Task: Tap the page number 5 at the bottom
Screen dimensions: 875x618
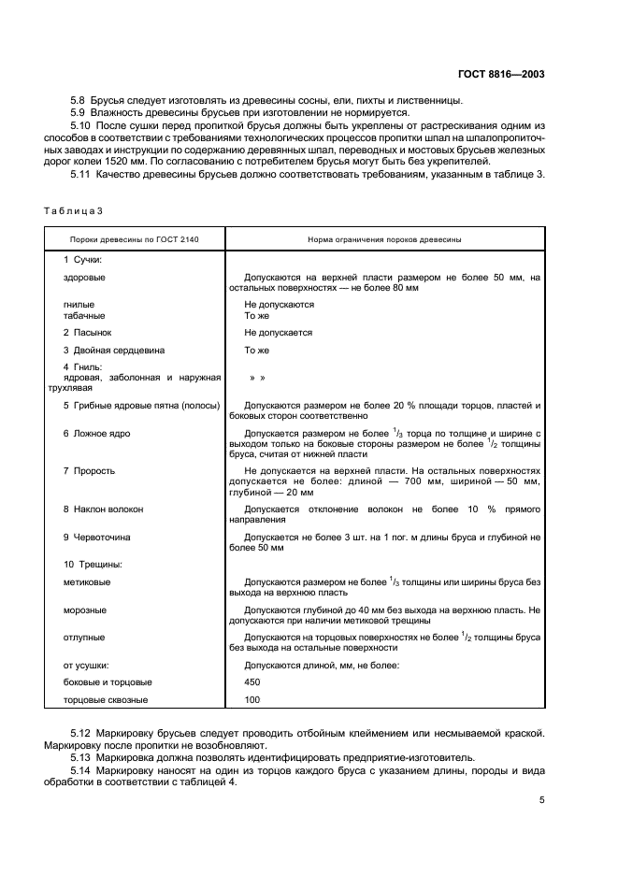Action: [542, 799]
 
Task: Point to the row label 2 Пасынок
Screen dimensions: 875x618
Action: [88, 332]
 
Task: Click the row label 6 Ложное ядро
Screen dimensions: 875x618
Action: [96, 434]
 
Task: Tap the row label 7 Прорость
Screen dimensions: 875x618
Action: [90, 469]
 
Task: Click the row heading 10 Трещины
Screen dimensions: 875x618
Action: [93, 565]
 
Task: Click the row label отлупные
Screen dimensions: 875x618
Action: [84, 638]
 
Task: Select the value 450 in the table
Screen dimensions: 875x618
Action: [252, 682]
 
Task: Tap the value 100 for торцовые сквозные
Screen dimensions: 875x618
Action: [252, 699]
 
